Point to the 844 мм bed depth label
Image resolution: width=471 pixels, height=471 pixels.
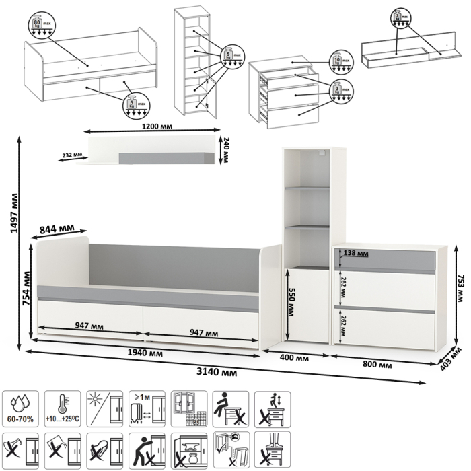tap(58, 229)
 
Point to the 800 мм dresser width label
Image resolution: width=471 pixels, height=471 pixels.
tap(378, 365)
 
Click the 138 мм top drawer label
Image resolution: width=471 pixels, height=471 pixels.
tap(356, 253)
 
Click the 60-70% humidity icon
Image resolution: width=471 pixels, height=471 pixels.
tap(22, 408)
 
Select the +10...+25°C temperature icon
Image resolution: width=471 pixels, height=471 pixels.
tap(64, 408)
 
